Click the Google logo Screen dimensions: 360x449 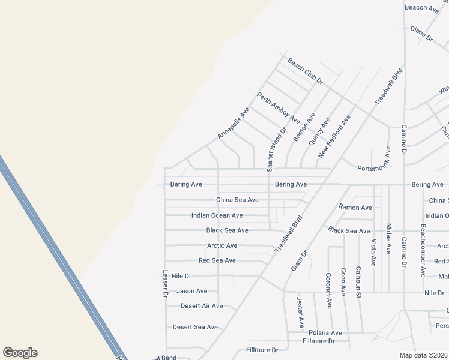point(20,353)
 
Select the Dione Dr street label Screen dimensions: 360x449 point(421,34)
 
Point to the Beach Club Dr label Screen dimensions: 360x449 point(305,71)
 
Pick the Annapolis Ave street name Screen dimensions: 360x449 point(233,123)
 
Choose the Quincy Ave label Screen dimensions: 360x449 point(319,131)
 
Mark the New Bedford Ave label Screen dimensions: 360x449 point(334,137)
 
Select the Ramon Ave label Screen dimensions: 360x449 point(355,208)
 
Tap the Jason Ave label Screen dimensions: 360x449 point(191,291)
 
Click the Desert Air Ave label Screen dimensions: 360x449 point(202,306)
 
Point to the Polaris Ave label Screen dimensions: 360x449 point(325,333)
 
